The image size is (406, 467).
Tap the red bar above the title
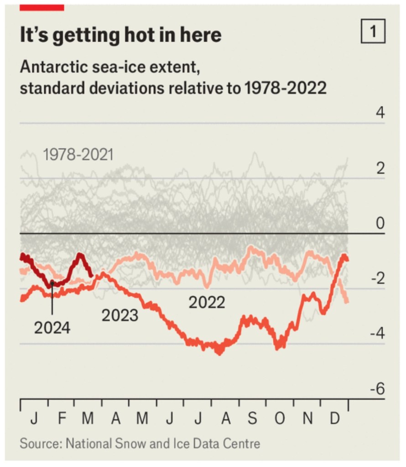pos(42,7)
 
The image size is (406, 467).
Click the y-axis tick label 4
pos(380,113)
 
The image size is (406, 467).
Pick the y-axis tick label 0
pos(380,223)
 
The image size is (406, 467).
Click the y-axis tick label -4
pos(377,334)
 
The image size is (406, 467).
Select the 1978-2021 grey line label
pos(78,156)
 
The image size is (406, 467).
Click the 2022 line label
pos(207,302)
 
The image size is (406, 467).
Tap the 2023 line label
pos(120,315)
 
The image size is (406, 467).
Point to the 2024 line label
pos(52,327)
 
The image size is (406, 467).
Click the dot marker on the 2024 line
pos(52,284)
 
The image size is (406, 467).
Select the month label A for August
pos(225,419)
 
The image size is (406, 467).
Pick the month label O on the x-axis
pos(280,419)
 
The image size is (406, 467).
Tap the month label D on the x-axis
pos(335,419)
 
